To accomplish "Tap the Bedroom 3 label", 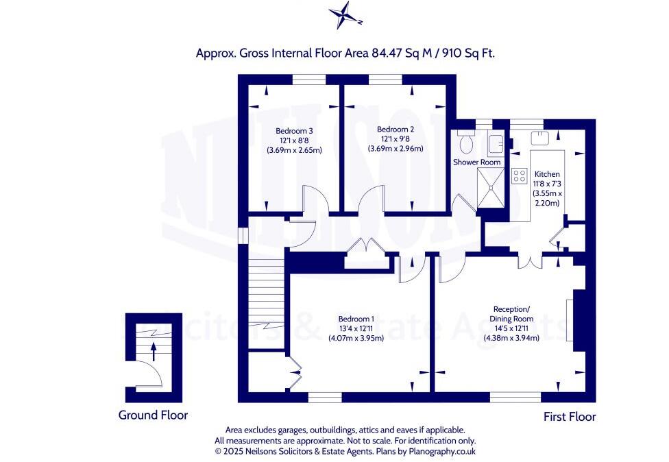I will pyautogui.click(x=294, y=131).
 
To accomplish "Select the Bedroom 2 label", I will pyautogui.click(x=396, y=129).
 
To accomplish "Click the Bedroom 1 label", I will pyautogui.click(x=356, y=319).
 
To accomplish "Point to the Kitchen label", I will pyautogui.click(x=547, y=174).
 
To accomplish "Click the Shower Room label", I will pyautogui.click(x=477, y=162).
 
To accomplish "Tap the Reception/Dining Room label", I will pyautogui.click(x=511, y=313).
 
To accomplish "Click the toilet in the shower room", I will pyautogui.click(x=467, y=142).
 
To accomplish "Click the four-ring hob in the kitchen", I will pyautogui.click(x=519, y=175).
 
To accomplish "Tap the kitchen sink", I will pyautogui.click(x=540, y=136).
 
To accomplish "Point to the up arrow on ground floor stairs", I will pyautogui.click(x=154, y=351).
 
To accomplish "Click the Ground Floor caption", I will pyautogui.click(x=153, y=415).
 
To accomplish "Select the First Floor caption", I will pyautogui.click(x=569, y=417).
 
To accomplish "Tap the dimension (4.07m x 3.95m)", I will pyautogui.click(x=356, y=338).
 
